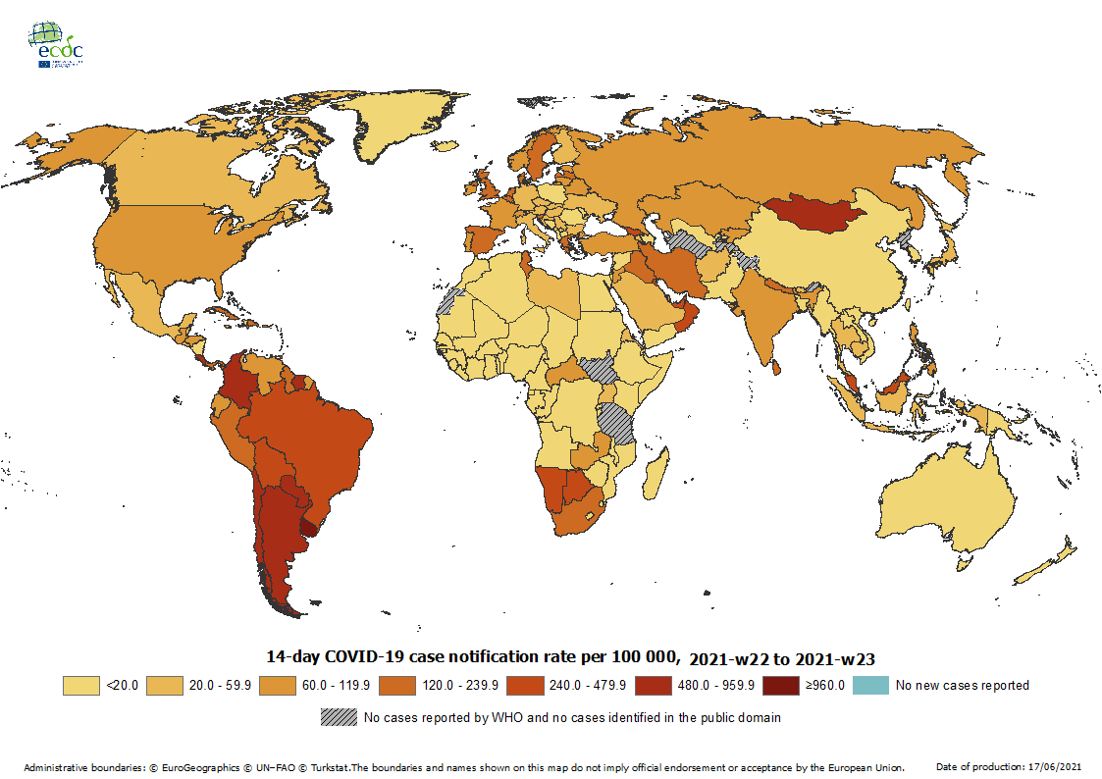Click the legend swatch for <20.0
click(x=82, y=685)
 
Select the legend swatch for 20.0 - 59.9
click(x=166, y=685)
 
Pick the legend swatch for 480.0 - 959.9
click(x=656, y=685)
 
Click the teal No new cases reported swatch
click(x=871, y=685)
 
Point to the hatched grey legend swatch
click(x=339, y=717)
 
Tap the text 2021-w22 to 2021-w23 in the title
click(x=782, y=658)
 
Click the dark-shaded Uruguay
click(x=310, y=527)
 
